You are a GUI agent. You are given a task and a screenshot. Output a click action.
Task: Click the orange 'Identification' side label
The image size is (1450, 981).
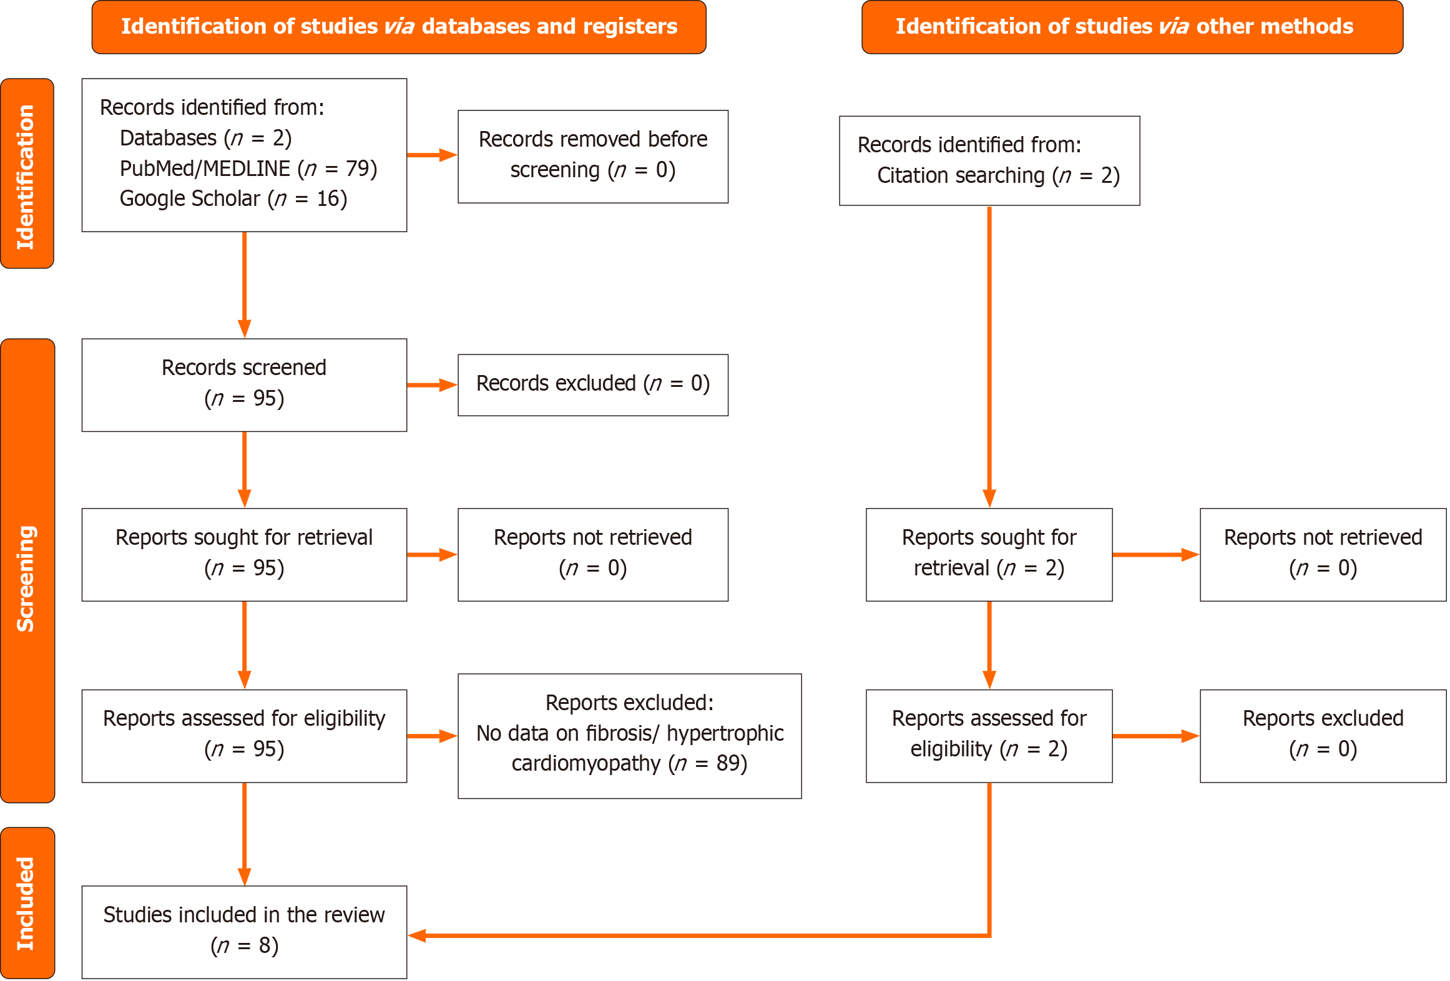pos(27,174)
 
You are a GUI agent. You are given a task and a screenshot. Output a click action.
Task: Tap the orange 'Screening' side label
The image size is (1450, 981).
pos(27,570)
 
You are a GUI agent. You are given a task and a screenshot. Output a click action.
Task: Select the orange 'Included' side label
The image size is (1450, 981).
pos(27,902)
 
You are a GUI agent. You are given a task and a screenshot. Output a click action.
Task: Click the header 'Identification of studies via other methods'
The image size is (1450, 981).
pos(1132,27)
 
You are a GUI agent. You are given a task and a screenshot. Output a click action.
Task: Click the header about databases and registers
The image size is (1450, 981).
pos(399,27)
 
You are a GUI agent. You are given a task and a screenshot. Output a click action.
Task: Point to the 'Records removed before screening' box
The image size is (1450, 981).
pos(592,156)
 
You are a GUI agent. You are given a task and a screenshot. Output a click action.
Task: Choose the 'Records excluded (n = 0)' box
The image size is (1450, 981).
pos(592,384)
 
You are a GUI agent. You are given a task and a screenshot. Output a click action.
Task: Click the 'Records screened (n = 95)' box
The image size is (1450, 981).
pos(244,384)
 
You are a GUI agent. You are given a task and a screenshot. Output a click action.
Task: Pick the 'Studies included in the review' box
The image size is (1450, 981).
pos(244,931)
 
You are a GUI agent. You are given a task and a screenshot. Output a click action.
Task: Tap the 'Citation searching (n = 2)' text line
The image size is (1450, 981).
pos(997,176)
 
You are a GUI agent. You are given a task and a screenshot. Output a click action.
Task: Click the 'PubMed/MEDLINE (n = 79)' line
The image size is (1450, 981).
pos(248,168)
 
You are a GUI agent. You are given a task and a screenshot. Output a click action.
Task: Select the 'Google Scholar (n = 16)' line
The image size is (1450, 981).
pos(233,198)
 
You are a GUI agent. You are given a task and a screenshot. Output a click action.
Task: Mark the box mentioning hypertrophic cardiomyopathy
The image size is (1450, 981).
pos(629,735)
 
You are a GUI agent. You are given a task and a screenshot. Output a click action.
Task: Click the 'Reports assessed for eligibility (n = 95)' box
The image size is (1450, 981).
pos(244,735)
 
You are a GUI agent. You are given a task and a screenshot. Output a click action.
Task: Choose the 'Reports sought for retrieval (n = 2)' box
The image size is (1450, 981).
pos(989,554)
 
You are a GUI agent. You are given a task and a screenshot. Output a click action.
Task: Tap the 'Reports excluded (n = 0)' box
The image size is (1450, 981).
pos(1322,735)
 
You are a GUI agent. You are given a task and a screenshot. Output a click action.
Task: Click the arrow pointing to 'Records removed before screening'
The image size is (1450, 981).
pos(432,155)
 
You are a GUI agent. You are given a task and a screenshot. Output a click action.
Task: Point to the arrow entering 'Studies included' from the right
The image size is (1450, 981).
pos(687,935)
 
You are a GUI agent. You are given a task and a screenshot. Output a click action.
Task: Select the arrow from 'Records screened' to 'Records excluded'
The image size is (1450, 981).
pos(432,385)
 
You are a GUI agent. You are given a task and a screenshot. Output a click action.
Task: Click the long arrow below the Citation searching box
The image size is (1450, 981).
pos(989,356)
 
